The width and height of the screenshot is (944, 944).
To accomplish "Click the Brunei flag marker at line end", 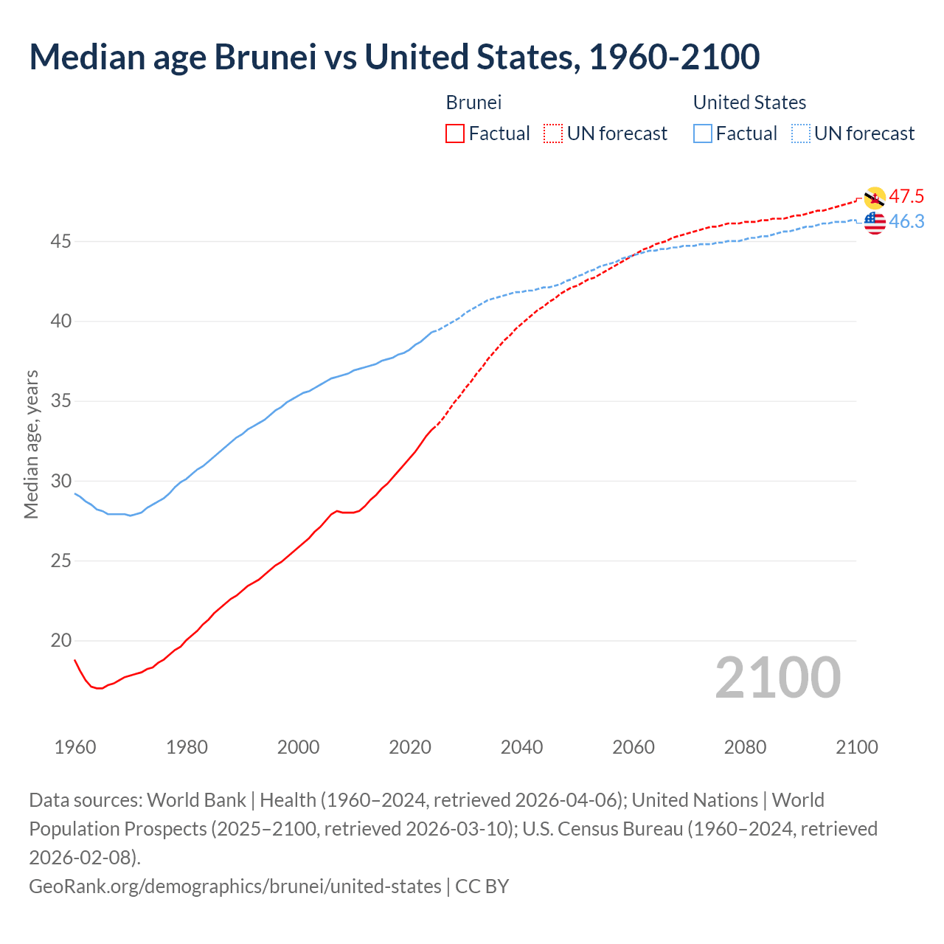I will coord(875,198).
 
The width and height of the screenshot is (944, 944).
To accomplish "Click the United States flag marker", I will coord(875,223).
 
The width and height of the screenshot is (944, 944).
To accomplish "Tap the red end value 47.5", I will coord(906,196).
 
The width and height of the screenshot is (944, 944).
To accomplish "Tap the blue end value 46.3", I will coord(906,221).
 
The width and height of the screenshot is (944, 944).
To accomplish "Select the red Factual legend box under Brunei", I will coord(455,133).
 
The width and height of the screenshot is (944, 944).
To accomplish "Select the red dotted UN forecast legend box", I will coord(553,133).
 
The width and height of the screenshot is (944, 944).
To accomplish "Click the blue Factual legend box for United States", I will coord(703,133).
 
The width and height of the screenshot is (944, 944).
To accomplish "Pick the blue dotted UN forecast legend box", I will coord(801,133).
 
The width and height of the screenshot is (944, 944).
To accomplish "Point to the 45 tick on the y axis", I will coord(60,241).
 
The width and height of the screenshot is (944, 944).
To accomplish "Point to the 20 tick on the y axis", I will coord(60,640).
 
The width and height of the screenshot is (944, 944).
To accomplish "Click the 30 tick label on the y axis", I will coord(60,481).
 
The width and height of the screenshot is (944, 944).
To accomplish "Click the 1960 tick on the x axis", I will coord(75,747).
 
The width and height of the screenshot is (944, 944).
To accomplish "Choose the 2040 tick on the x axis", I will coord(521,747).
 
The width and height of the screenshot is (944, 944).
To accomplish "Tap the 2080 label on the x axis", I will coord(745,747).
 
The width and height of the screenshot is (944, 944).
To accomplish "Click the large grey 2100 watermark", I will coord(777,678).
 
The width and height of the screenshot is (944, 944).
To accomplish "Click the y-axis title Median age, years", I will coord(31,445).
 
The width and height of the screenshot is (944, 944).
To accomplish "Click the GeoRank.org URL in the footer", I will coord(235,886).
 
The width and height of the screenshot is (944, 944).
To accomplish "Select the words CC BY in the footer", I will coord(482,886).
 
